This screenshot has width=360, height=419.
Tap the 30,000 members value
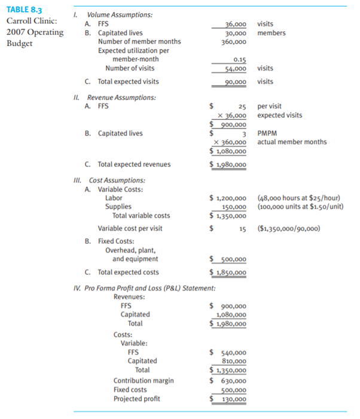pyautogui.click(x=234, y=33)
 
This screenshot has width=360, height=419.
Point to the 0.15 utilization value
pyautogui.click(x=240, y=60)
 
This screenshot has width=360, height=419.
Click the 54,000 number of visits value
pyautogui.click(x=234, y=68)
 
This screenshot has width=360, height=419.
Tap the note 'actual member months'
pyautogui.click(x=292, y=142)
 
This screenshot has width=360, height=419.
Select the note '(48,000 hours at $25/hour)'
pyautogui.click(x=297, y=198)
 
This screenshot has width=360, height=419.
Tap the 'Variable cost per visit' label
pyautogui.click(x=130, y=228)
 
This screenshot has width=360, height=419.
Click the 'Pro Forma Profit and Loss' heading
pyautogui.click(x=144, y=289)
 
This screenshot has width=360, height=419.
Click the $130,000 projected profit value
pyautogui.click(x=233, y=399)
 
